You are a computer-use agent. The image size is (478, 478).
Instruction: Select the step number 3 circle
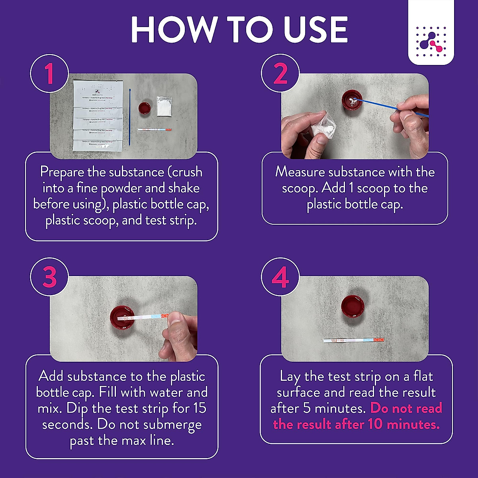coord(49,276)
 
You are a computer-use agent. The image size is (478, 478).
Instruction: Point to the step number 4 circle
coord(280,276)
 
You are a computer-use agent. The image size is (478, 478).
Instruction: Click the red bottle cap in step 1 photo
coord(144,108)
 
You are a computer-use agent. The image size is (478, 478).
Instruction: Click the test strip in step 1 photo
coord(154,129)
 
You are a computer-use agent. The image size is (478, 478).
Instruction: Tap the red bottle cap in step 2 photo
coord(352,101)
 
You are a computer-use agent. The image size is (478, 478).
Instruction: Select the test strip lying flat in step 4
coord(353,341)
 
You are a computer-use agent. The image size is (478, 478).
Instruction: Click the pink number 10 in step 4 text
coord(375,424)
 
